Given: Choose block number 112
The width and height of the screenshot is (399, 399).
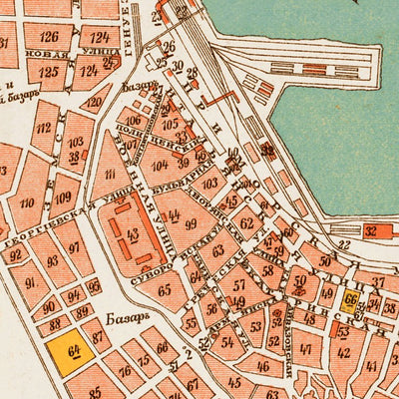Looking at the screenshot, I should (x=44, y=130).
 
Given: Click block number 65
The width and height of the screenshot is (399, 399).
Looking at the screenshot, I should (x=166, y=290).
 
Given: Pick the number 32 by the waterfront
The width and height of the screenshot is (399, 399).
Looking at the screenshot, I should (x=371, y=231).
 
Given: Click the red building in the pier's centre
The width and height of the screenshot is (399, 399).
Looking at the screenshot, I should (x=316, y=71).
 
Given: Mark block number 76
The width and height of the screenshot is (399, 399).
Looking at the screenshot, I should (x=126, y=371).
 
